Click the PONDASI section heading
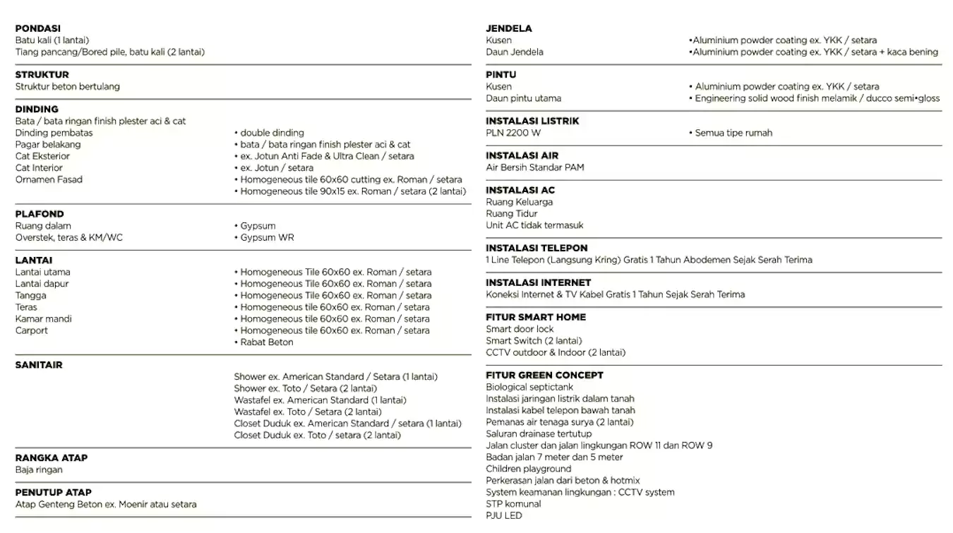[38, 28]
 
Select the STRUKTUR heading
[42, 74]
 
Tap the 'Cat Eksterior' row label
[42, 156]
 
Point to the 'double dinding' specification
[272, 133]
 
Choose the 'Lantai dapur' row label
[42, 284]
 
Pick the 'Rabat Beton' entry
[266, 342]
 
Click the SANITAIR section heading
[39, 365]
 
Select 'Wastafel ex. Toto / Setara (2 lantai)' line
[308, 412]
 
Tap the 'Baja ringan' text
[39, 469]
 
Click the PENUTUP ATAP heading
[54, 492]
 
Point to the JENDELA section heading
[509, 28]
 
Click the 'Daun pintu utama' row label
[523, 98]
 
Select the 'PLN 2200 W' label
[513, 133]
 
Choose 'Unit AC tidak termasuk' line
[534, 225]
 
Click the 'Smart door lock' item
[520, 329]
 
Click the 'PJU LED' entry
[504, 515]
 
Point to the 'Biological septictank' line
[529, 387]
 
